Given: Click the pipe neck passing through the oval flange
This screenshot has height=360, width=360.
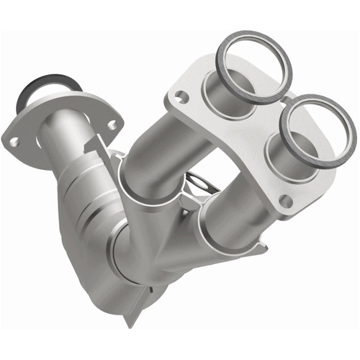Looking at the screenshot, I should [x=58, y=133].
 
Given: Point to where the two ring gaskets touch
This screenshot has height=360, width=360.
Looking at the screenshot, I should [x=287, y=97].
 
